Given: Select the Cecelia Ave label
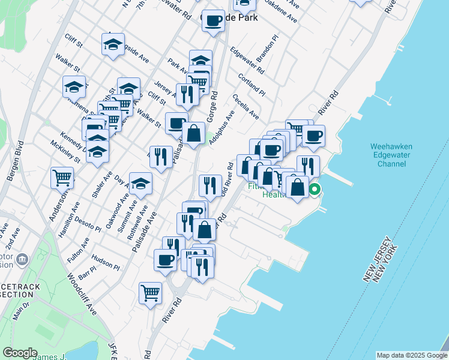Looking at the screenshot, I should pos(246,106).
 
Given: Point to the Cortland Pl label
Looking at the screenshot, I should pos(251,85).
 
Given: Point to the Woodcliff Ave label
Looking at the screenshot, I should pos(82,295).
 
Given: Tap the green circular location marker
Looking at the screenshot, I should pos(315,191).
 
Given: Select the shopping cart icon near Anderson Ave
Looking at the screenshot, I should pos(62,177).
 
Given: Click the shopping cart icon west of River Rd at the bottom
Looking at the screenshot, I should pos(150,292).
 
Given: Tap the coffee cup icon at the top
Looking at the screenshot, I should pos(213,20).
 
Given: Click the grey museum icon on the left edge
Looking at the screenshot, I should pos(23,260).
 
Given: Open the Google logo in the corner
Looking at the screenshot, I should pos(20,353).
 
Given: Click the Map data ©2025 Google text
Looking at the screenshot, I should pos(411,355).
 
